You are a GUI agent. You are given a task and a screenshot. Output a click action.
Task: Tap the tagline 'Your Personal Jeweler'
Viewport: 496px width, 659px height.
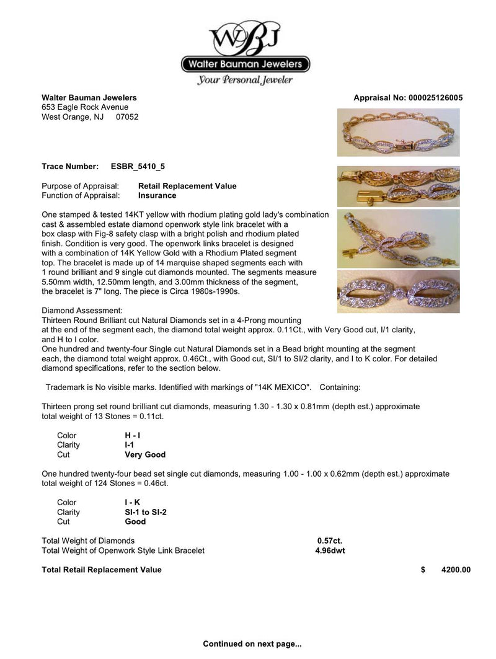click(245, 79)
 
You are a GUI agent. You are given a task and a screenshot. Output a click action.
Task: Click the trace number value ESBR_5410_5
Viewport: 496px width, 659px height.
click(138, 167)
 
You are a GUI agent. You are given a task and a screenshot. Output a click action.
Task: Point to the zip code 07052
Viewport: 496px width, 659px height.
click(126, 117)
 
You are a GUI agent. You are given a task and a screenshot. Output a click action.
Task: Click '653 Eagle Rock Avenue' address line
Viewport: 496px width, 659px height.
click(85, 107)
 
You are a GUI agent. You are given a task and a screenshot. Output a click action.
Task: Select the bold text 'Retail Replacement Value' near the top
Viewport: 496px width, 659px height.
click(187, 186)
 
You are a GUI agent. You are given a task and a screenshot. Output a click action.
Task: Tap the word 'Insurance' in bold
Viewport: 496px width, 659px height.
click(157, 195)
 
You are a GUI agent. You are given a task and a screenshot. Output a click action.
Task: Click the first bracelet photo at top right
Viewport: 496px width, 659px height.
click(399, 132)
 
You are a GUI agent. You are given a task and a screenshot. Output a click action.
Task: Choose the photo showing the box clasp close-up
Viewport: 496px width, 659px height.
click(399, 186)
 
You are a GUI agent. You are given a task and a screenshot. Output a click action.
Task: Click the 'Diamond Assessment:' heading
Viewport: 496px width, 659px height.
click(82, 310)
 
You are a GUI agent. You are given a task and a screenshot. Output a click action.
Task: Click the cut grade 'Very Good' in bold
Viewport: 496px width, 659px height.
click(145, 454)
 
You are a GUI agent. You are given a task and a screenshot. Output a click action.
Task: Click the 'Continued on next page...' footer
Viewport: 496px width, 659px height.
click(252, 644)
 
